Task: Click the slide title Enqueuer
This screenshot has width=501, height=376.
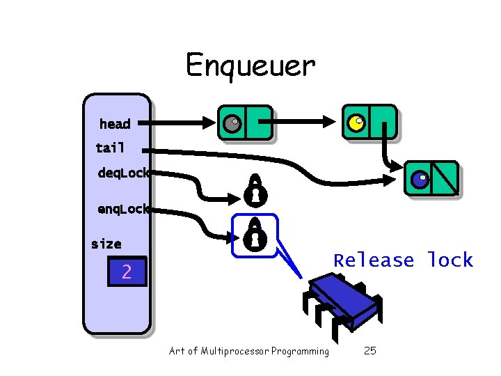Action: (x=250, y=66)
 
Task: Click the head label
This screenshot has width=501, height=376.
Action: (x=115, y=124)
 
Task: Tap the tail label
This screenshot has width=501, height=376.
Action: (x=110, y=148)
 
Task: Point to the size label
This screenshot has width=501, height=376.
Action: (x=106, y=244)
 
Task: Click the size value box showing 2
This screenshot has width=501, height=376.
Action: (x=127, y=272)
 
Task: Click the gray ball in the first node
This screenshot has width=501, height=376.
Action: (x=232, y=123)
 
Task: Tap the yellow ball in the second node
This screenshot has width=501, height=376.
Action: (x=356, y=123)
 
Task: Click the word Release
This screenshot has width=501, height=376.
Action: (x=374, y=260)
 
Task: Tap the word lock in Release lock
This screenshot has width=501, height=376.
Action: (x=450, y=260)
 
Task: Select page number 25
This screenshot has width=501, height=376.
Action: (x=369, y=351)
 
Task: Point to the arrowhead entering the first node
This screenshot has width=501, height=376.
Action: (x=210, y=123)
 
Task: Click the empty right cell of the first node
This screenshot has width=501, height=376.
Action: (x=257, y=123)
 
